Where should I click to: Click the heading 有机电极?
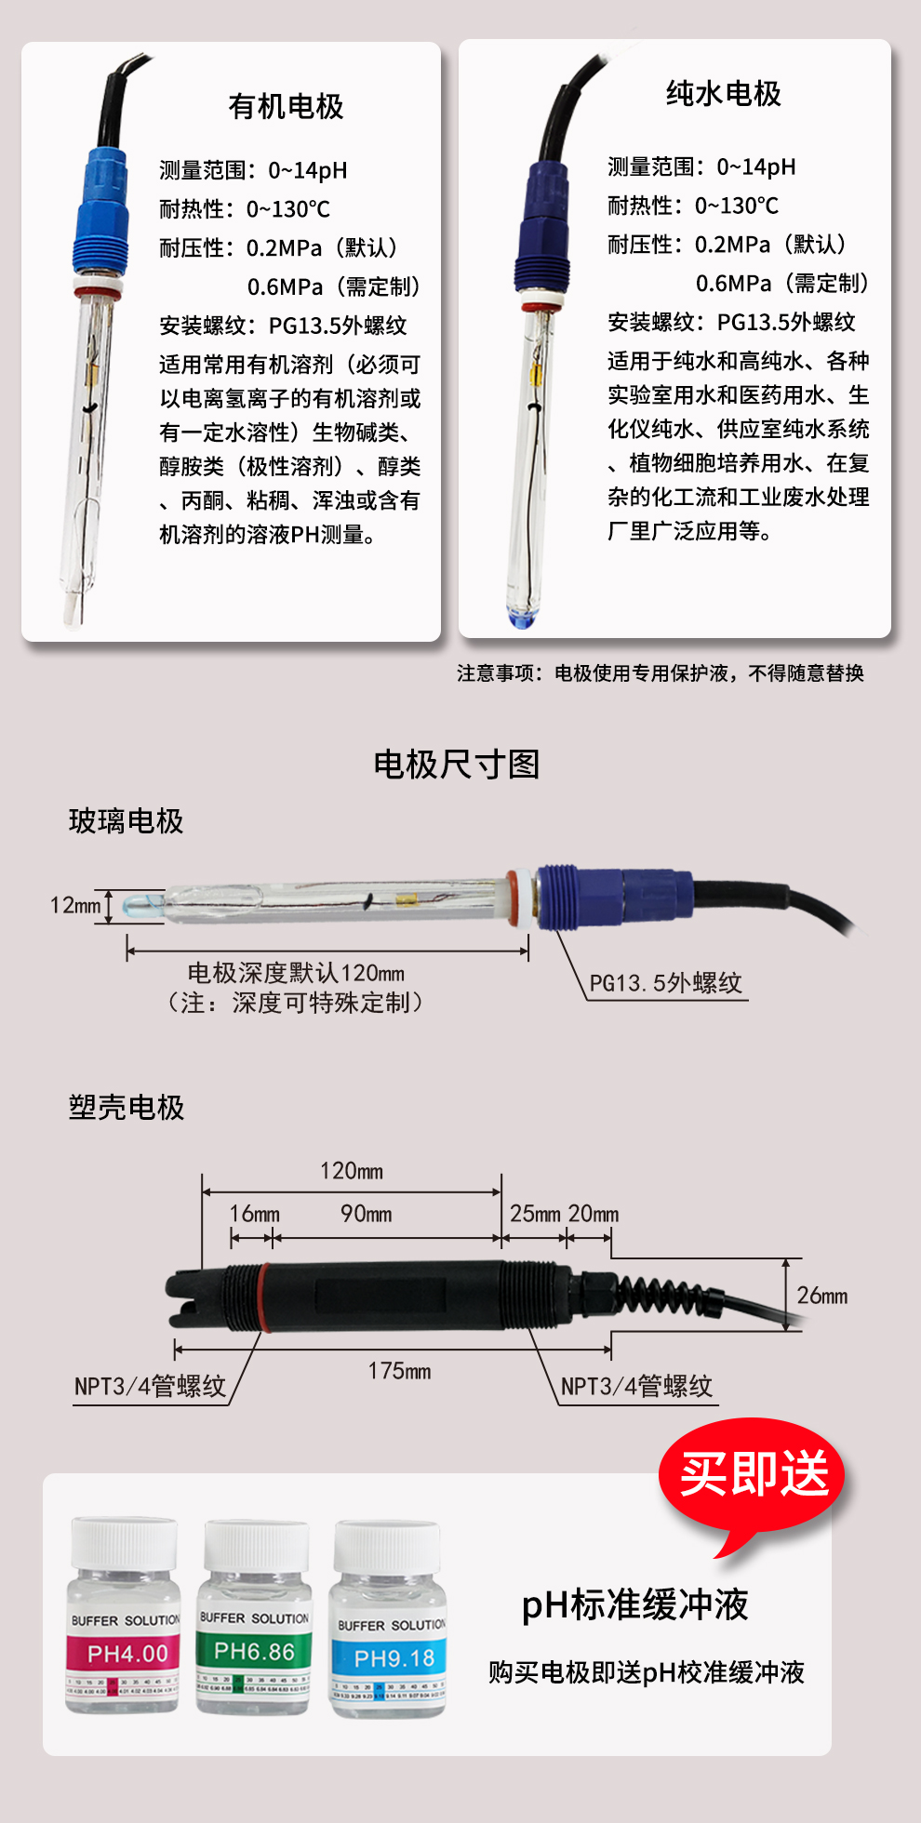click(x=287, y=107)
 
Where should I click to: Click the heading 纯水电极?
click(x=724, y=94)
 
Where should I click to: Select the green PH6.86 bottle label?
click(x=254, y=1652)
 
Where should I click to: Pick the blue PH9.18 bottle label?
click(x=394, y=1658)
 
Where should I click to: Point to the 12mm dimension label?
click(x=75, y=905)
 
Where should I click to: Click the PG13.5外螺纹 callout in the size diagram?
click(x=666, y=983)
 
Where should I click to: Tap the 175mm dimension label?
click(x=399, y=1371)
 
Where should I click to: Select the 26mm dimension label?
click(x=822, y=1296)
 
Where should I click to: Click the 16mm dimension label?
click(x=254, y=1214)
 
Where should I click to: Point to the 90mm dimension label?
click(x=366, y=1214)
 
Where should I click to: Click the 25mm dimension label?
click(x=535, y=1214)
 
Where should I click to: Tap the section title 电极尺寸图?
click(x=457, y=765)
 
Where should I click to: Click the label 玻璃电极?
click(x=127, y=821)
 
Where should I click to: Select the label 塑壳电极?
click(x=127, y=1108)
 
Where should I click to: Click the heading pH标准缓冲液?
click(x=635, y=1604)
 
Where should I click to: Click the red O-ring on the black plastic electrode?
click(x=264, y=1297)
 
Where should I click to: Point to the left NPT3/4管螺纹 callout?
click(x=151, y=1386)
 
